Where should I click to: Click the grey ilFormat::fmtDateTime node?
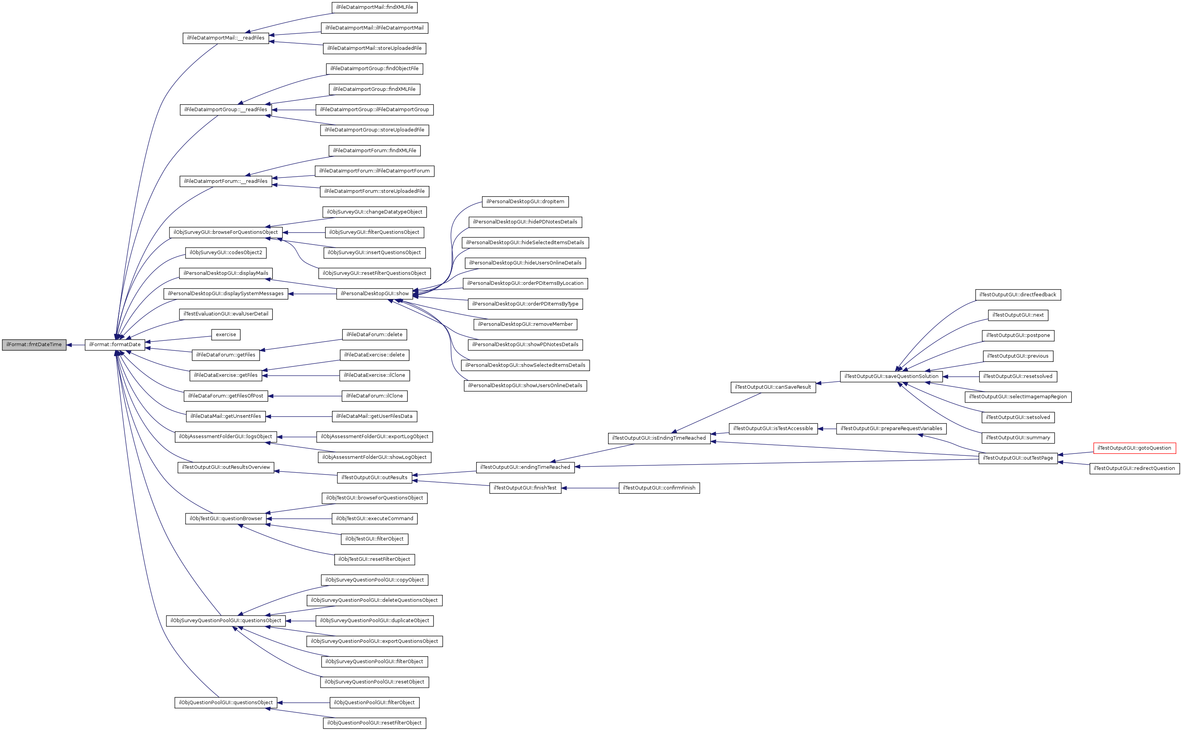(x=34, y=345)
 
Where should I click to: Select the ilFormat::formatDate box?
(x=115, y=345)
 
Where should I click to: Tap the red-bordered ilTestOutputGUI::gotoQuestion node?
(x=1134, y=448)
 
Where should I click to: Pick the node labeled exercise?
(x=226, y=335)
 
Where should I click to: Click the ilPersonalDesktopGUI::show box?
(x=374, y=294)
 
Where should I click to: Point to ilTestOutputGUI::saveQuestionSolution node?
(x=891, y=376)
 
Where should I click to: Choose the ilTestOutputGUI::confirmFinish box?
(x=659, y=488)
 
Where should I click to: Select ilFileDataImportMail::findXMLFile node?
(x=374, y=7)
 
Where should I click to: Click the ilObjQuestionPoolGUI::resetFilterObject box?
(x=374, y=723)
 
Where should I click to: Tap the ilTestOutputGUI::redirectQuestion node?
(x=1134, y=468)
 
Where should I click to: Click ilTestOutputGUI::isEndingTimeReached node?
(x=659, y=438)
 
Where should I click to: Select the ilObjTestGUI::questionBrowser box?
(x=226, y=518)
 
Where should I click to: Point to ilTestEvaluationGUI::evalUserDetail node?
(x=226, y=314)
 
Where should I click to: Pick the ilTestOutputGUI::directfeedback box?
(x=1018, y=294)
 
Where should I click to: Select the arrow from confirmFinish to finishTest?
(x=590, y=488)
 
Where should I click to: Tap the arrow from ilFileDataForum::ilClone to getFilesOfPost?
(x=304, y=396)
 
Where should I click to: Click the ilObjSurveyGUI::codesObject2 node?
(x=226, y=252)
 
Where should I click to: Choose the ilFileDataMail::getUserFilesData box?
(x=374, y=416)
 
